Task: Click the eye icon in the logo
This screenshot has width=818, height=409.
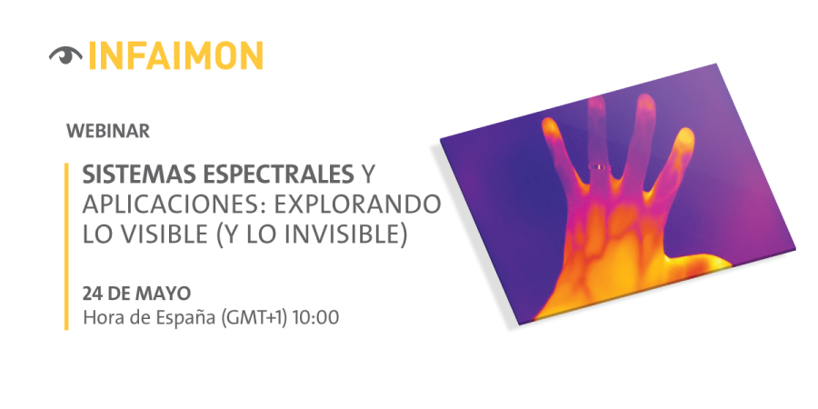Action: coord(65,55)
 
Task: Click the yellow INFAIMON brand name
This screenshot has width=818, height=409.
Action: coord(175,55)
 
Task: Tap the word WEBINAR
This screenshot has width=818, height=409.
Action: coord(108,132)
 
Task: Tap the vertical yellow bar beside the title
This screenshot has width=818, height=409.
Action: coord(66,246)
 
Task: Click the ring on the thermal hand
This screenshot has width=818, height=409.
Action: coord(600,167)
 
